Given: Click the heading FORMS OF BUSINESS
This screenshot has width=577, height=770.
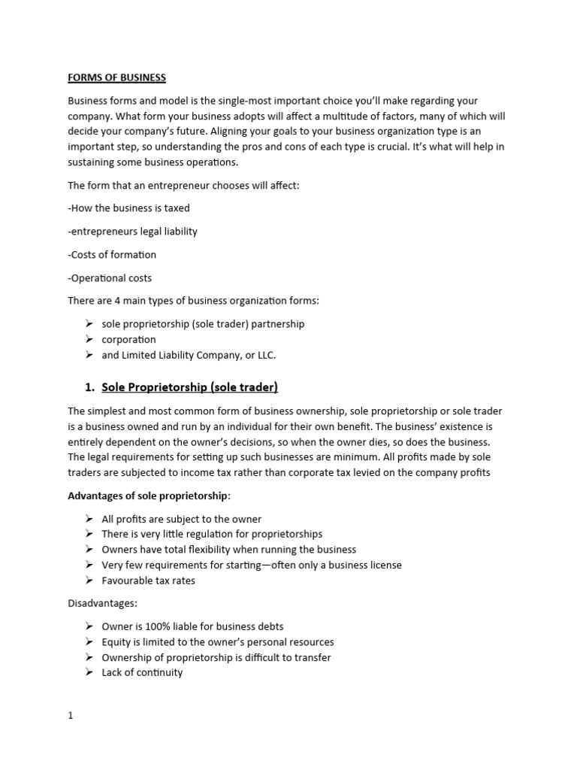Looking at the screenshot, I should [x=116, y=77].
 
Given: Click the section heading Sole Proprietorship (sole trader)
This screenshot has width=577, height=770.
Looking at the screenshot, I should [x=189, y=387].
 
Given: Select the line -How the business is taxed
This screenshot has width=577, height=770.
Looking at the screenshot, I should [x=128, y=208].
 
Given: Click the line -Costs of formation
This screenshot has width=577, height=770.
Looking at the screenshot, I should [x=112, y=255].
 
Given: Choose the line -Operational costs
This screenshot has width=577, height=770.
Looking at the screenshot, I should [x=110, y=278].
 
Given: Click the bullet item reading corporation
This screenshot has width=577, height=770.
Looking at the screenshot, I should [x=128, y=340].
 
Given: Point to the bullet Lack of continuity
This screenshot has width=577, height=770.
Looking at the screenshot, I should [x=142, y=673].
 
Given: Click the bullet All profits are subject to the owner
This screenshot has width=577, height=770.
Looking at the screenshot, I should [x=181, y=519].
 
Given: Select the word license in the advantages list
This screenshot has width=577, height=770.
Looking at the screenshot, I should [x=384, y=565].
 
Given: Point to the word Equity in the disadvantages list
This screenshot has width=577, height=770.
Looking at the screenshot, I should [x=116, y=642].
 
